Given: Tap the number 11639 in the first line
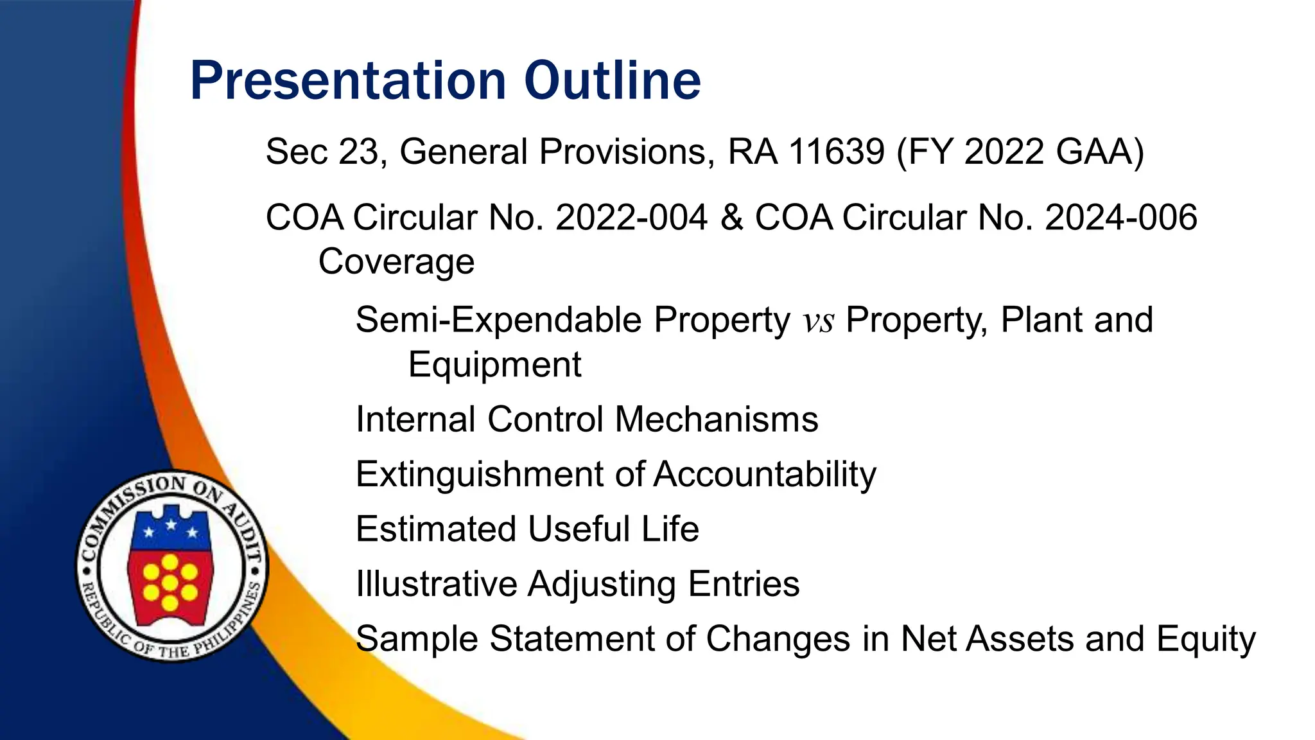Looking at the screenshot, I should click(836, 152).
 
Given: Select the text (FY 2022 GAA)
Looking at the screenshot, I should click(1020, 153).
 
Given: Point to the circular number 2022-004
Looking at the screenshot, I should click(631, 217).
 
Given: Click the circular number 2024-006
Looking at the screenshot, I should click(1120, 217).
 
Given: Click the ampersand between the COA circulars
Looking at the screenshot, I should click(731, 217).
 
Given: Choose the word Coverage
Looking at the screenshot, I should click(396, 261).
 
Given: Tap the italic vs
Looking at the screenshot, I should click(819, 321).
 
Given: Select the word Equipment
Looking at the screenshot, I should click(494, 365).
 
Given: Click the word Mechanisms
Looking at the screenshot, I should click(717, 419).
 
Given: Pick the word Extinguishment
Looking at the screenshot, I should click(479, 475).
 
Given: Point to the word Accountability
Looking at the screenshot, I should click(765, 475).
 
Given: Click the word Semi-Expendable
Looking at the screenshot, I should click(498, 320).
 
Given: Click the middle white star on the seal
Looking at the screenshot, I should click(171, 525).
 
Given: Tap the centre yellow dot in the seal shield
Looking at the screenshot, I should click(170, 583).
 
